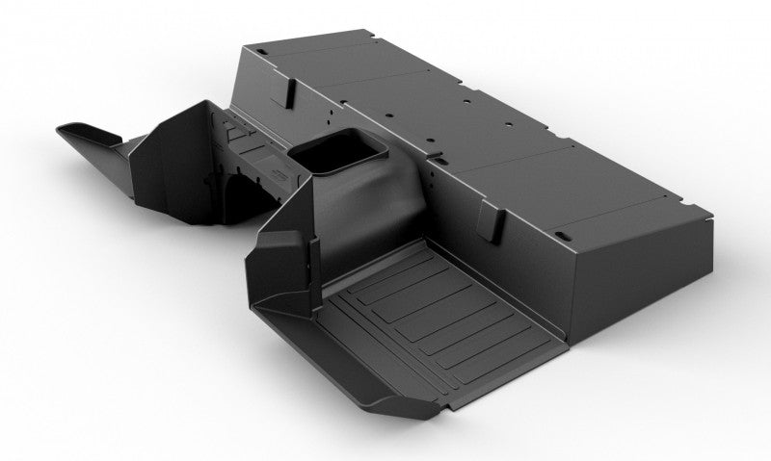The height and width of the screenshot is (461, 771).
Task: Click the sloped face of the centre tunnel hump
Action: pyautogui.click(x=347, y=207)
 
